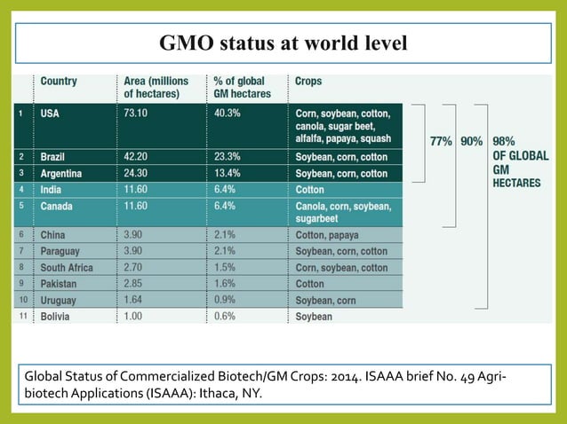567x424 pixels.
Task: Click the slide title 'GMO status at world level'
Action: [x=283, y=43]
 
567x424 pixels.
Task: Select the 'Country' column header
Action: [x=59, y=81]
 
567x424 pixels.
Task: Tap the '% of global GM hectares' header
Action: [x=243, y=87]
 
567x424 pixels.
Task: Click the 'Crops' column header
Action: [x=308, y=81]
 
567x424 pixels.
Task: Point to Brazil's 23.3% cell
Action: [x=228, y=156]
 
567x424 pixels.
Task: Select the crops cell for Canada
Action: [x=341, y=212]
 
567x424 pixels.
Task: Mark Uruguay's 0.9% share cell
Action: [x=226, y=300]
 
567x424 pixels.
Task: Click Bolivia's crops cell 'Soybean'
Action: [x=314, y=317]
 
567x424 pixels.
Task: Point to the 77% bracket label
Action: [x=442, y=141]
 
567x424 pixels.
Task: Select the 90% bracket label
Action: [x=472, y=141]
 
